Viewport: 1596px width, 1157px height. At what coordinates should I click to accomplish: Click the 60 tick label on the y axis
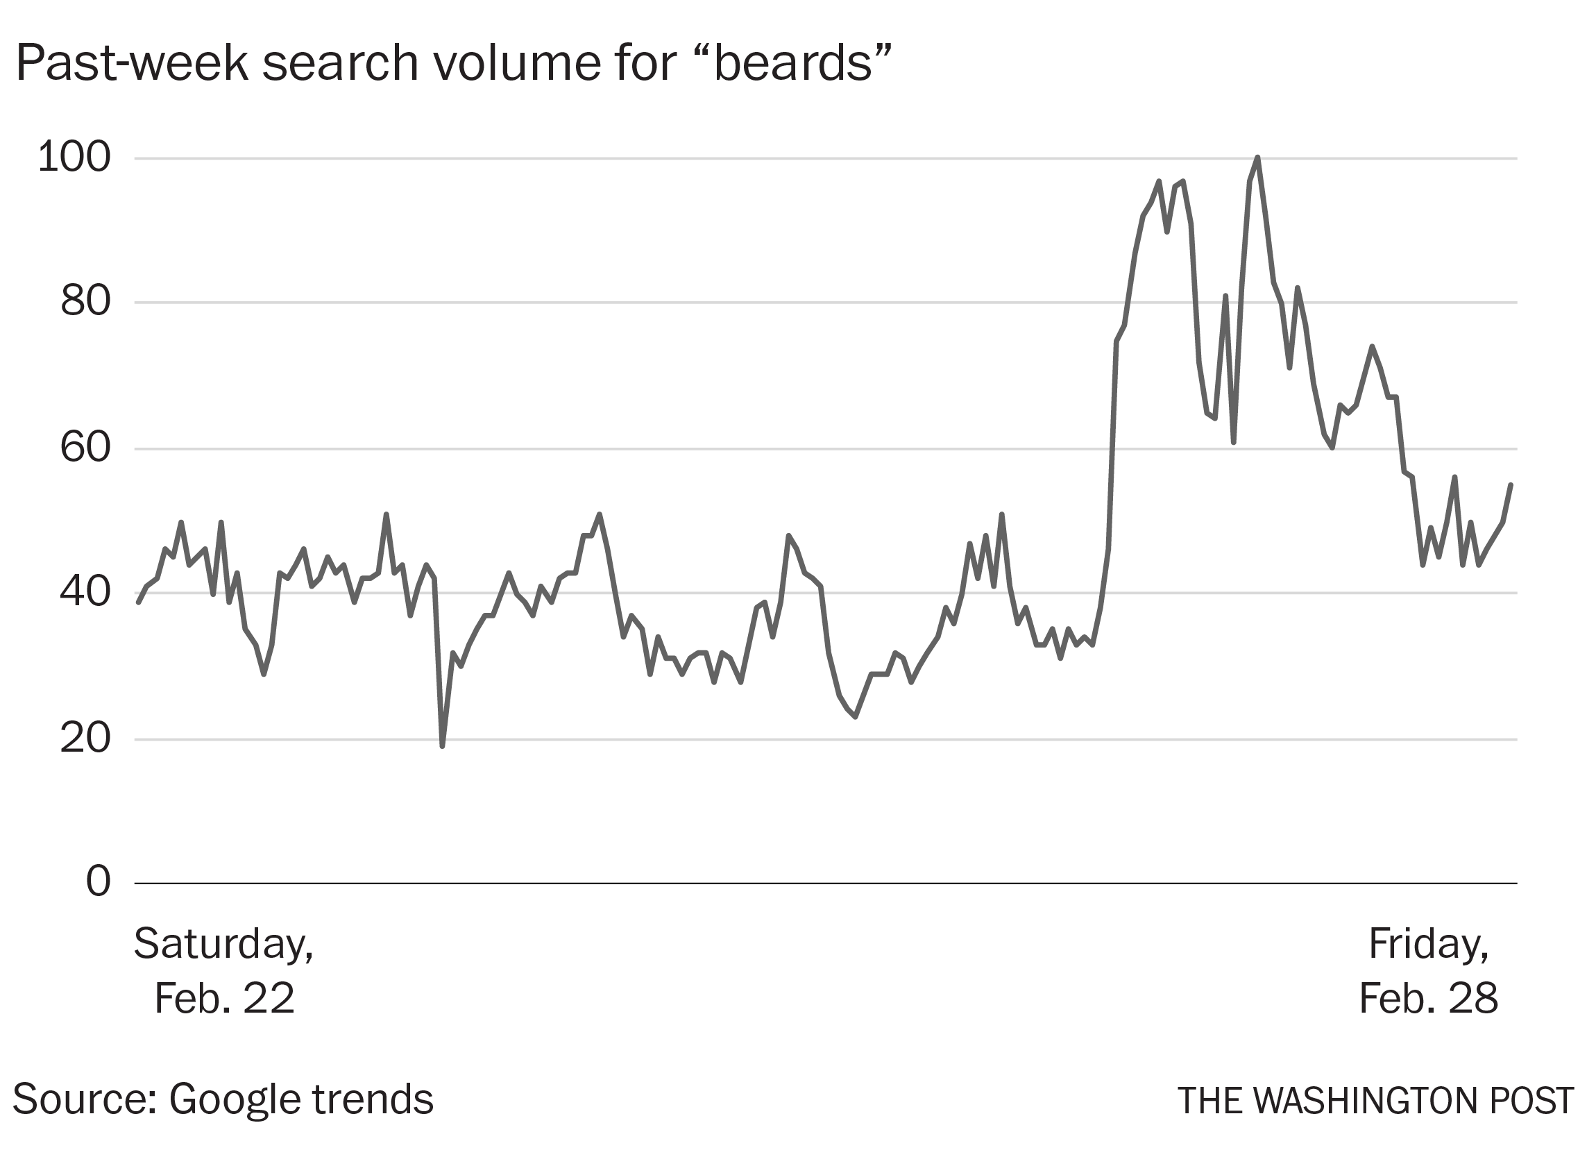coord(86,448)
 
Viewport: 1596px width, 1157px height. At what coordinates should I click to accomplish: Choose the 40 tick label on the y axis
coord(86,593)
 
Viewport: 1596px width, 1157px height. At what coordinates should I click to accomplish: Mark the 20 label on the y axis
coord(86,739)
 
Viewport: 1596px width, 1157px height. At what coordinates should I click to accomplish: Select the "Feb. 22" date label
coord(223,998)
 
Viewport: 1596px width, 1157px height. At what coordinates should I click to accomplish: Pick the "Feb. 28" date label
coord(1428,998)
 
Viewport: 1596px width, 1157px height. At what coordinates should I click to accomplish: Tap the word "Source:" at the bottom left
coord(85,1099)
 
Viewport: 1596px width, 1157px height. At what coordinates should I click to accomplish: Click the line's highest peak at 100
coord(1257,158)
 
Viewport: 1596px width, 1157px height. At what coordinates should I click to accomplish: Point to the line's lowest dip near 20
coord(442,746)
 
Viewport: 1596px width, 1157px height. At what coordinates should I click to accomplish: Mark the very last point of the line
coord(1511,484)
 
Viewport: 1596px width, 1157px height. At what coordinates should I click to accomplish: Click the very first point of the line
coord(139,603)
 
